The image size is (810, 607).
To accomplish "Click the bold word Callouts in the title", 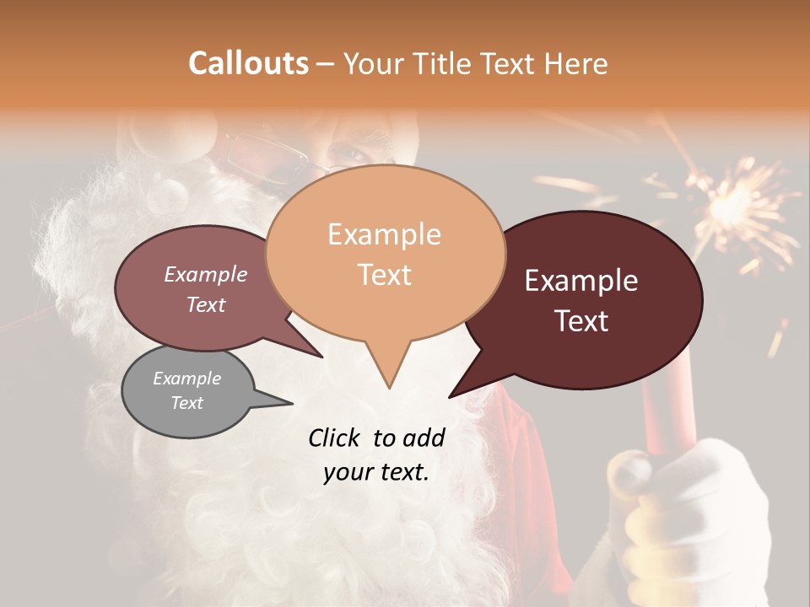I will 248,63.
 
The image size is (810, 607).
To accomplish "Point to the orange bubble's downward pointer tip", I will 389,388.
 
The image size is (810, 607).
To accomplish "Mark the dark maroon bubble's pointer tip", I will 450,397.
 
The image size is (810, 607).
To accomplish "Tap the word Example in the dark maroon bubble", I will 581,281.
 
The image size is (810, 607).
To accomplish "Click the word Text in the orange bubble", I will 385,275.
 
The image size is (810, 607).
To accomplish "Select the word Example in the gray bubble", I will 186,379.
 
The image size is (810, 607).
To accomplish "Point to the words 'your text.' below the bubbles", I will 376,472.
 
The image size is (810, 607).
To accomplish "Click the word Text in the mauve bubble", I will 206,304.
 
